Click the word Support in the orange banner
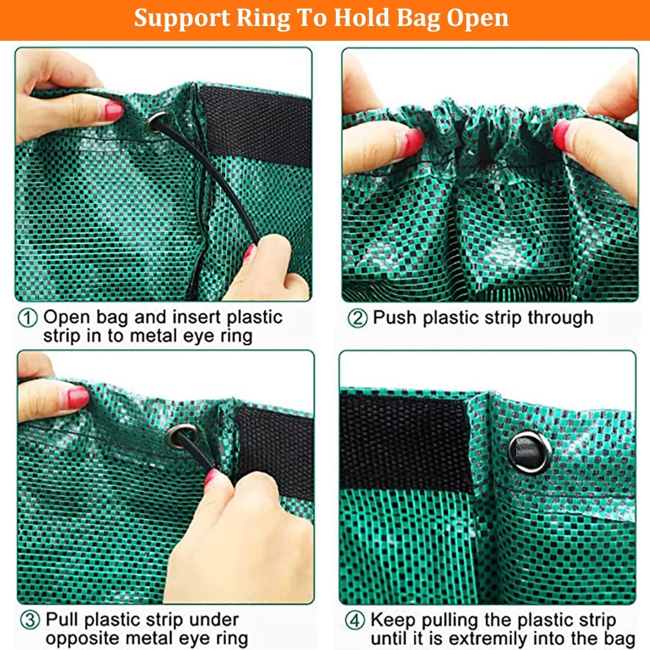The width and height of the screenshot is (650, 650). (x=182, y=19)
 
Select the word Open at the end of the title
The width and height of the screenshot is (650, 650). (x=478, y=19)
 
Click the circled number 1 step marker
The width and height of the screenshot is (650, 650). (x=28, y=318)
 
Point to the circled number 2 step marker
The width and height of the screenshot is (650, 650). (x=357, y=318)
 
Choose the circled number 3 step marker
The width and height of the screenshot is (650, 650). (x=30, y=620)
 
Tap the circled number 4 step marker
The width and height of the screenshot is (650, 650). (x=355, y=620)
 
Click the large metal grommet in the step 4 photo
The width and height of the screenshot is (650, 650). (x=530, y=452)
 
